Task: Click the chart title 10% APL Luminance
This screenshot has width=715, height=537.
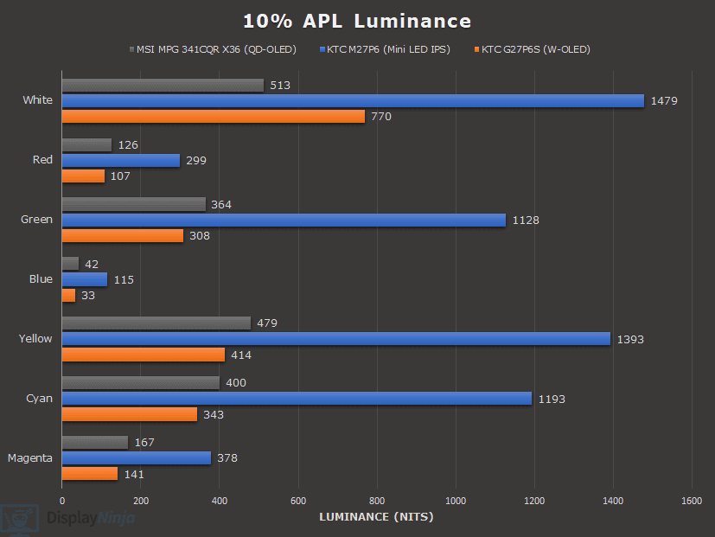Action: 357,21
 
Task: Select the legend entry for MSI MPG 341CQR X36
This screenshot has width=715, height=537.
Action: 216,49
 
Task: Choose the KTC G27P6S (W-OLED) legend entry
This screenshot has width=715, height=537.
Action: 531,49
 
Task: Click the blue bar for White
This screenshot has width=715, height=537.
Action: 353,100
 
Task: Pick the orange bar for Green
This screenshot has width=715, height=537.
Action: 123,235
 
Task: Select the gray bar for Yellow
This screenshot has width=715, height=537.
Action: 156,323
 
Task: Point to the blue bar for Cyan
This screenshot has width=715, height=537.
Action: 297,399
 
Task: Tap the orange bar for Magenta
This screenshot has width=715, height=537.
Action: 90,474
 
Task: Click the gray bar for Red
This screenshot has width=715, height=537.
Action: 86,144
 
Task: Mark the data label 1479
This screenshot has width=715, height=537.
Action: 664,100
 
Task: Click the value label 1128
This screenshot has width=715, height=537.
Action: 525,221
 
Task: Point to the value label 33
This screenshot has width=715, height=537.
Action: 87,296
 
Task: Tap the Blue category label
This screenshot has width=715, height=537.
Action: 40,279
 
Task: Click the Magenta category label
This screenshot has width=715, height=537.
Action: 29,458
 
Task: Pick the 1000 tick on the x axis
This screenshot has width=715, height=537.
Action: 456,501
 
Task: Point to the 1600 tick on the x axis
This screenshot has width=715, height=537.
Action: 692,501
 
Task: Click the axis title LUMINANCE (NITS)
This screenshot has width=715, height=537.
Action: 376,517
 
